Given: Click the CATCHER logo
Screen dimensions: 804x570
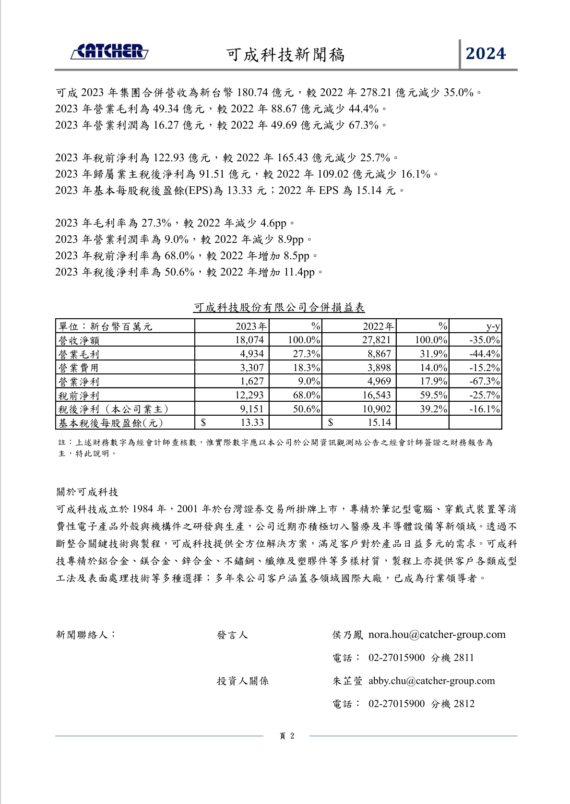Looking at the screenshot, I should pos(109,52).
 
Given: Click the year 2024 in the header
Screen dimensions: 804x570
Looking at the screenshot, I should pos(486,53).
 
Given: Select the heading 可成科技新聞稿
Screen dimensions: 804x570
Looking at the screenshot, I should pos(285,55).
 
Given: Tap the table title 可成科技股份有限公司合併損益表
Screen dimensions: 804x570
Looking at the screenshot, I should pos(279,307).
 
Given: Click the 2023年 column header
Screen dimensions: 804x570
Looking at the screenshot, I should pos(251,326).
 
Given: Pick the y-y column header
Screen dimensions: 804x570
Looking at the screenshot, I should pos(493,326).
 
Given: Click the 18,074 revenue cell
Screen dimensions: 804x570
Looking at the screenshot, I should pos(249,340).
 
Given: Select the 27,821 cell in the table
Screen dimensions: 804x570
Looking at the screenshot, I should pos(377,340).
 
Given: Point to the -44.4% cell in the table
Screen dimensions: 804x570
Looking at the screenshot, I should pos(485,354).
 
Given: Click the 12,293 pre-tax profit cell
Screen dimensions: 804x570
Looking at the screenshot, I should pos(249,395).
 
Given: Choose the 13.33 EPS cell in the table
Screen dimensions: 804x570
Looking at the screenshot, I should pos(252,422).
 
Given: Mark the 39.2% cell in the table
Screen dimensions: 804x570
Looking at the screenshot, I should pos(431,409).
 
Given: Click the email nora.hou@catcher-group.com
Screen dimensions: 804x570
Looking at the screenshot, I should pos(437,635).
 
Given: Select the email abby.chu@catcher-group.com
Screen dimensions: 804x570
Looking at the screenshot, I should pos(431,681).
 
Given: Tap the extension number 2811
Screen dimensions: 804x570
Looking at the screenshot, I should pos(463,658).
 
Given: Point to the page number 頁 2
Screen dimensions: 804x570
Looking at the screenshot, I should pos(286,736).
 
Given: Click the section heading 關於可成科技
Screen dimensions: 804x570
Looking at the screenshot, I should pos(87,492).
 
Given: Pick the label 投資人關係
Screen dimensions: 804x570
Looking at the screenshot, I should pos(242,681).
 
